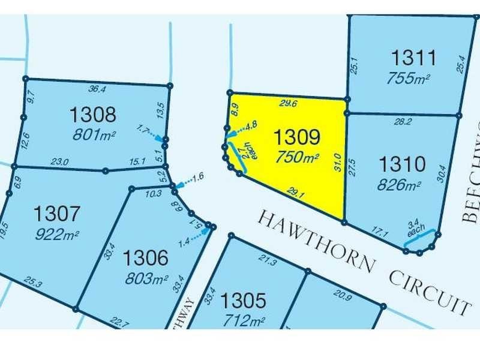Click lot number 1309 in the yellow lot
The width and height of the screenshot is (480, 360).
pyautogui.click(x=297, y=137)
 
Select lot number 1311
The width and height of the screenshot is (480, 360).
pyautogui.click(x=413, y=59)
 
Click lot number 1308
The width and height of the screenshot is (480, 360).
pyautogui.click(x=92, y=113)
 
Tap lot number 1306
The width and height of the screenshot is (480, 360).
pyautogui.click(x=146, y=259)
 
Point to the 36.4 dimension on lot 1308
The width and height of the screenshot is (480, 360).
pyautogui.click(x=97, y=89)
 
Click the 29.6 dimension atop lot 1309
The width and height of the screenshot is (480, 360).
pyautogui.click(x=289, y=103)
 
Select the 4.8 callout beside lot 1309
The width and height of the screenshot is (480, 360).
pyautogui.click(x=251, y=125)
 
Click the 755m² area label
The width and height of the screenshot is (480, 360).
pyautogui.click(x=413, y=79)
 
